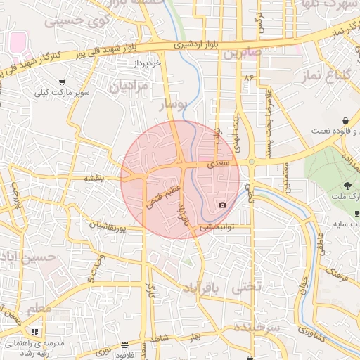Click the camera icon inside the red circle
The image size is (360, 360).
tap(223, 205)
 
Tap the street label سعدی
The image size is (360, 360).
tap(218, 163)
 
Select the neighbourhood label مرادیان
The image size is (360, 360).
tap(129, 89)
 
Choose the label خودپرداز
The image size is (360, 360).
tap(148, 63)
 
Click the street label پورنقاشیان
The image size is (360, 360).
tap(107, 227)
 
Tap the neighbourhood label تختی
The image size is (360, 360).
tap(247, 287)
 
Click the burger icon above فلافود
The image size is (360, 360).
tap(125, 345)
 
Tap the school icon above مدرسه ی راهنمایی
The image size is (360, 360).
tap(35, 331)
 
